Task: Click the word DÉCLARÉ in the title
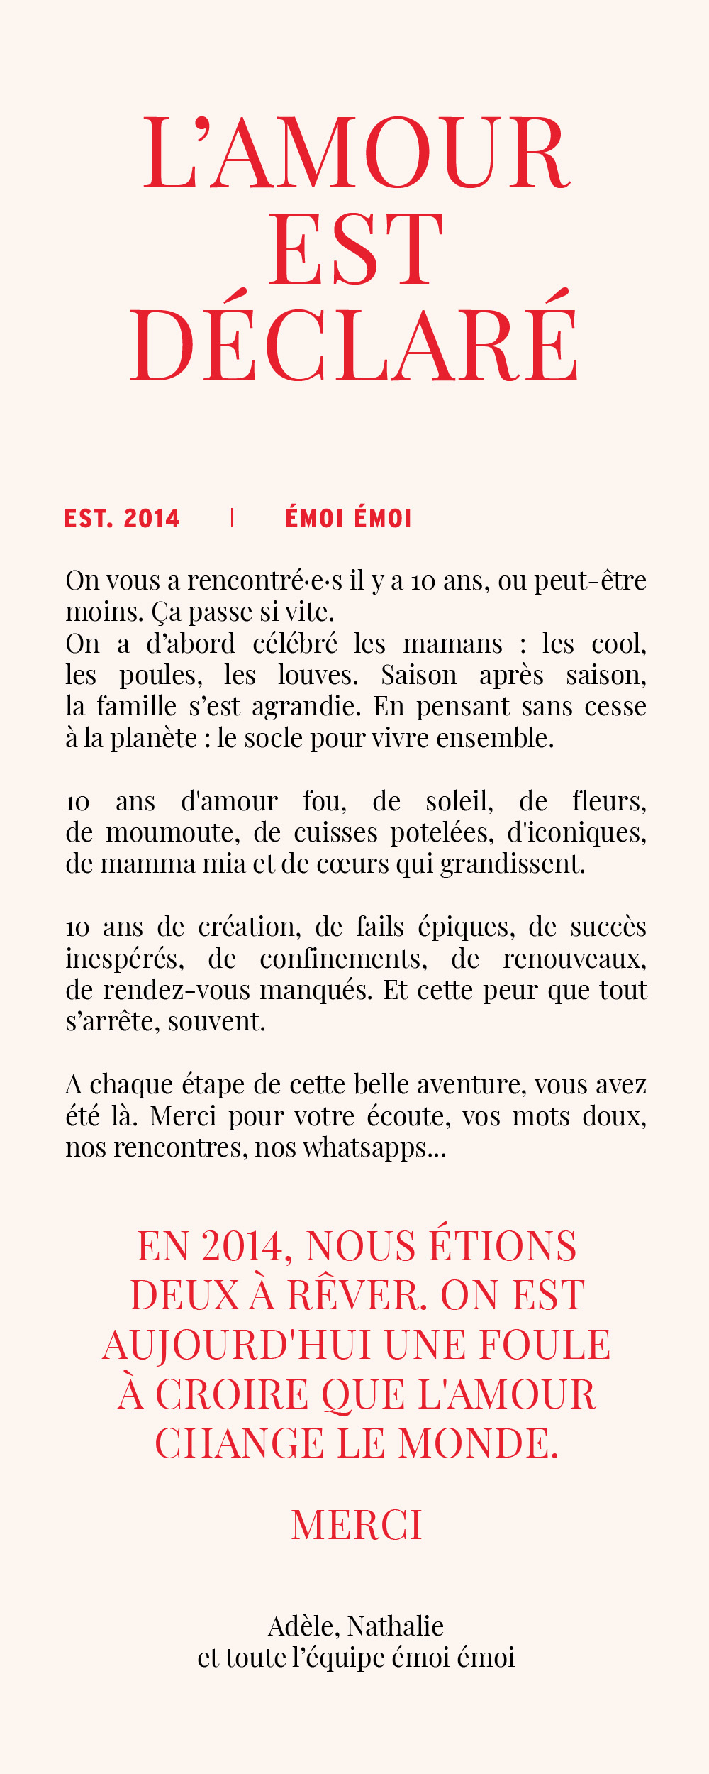coord(354,346)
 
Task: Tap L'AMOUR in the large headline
coord(357,154)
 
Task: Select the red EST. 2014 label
coord(122,519)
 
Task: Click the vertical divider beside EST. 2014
coord(233,519)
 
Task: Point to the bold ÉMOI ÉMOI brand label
coord(348,519)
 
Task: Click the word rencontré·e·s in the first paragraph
coord(265,581)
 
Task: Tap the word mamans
coord(452,644)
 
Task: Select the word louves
coord(318,676)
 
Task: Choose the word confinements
coord(343,959)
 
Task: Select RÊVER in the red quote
coord(357,1296)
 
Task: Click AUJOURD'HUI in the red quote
coord(237,1345)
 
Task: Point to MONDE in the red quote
coord(479,1444)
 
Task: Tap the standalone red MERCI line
coord(357,1526)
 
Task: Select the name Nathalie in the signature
coord(396,1626)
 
